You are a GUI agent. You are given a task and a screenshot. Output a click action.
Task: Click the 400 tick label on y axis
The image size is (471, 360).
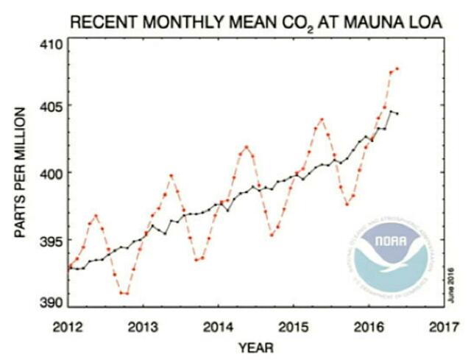coord(52,173)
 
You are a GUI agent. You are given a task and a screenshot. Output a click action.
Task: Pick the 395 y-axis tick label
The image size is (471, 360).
coord(52,240)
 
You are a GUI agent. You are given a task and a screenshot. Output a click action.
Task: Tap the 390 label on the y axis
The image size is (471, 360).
coord(52,302)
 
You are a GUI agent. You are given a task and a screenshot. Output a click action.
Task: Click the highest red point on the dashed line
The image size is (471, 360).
coord(397,68)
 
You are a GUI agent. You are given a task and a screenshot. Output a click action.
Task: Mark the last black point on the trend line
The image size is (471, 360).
coord(397,113)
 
